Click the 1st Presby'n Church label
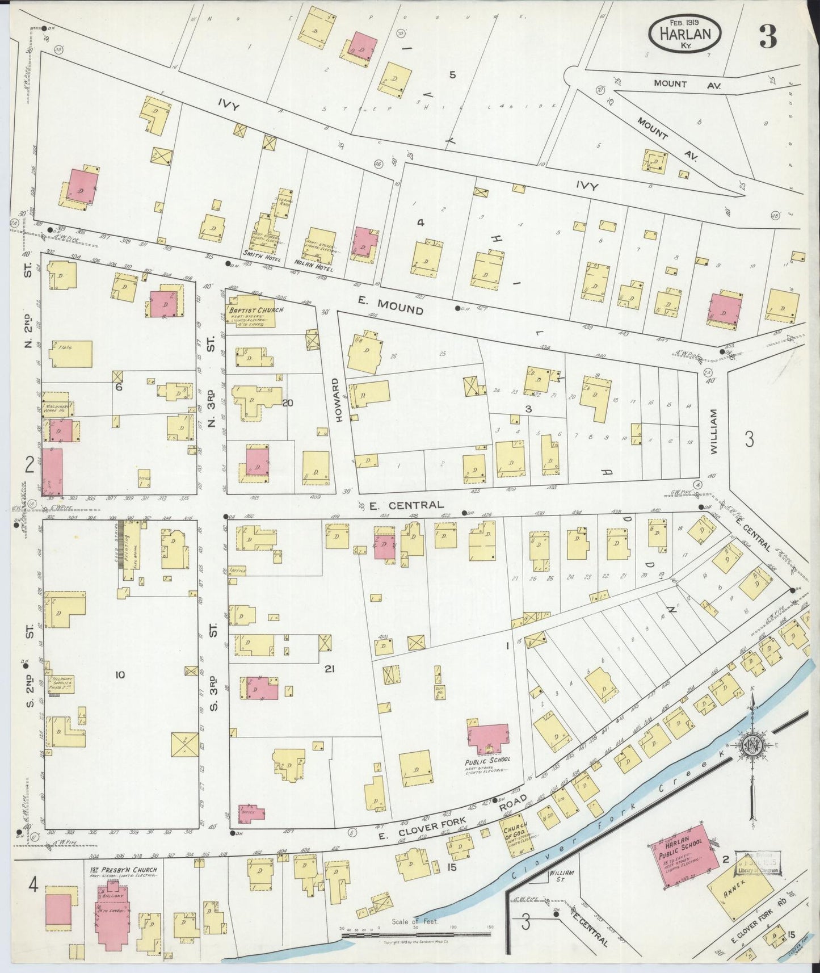coord(122,870)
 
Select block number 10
coord(119,675)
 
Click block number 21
coord(329,669)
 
